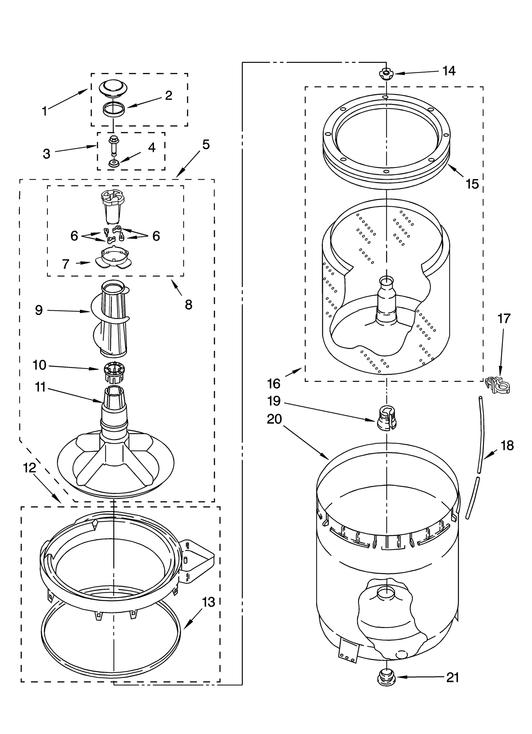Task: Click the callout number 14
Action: coord(449,71)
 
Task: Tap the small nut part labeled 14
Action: coord(385,73)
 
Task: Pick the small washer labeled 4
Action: coord(114,163)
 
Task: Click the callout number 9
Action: coord(39,310)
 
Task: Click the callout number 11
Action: coord(40,387)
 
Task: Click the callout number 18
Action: coord(507,445)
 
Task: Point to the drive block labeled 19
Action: coord(386,418)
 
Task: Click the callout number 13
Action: coord(208,602)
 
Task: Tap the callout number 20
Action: coord(274,419)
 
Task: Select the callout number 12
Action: coord(29,468)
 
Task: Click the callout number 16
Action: coord(274,384)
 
